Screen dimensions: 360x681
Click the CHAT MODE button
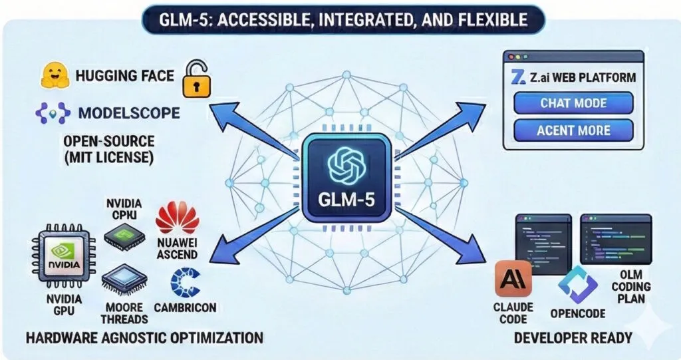573,103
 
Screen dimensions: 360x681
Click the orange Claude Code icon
513,277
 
